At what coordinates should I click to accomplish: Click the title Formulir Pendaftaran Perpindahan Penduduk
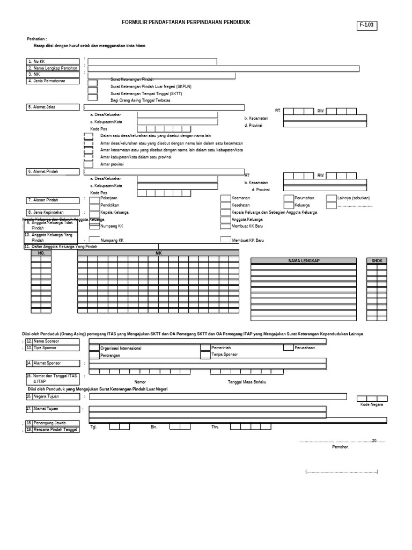[186, 22]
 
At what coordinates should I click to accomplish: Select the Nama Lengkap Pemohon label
[53, 68]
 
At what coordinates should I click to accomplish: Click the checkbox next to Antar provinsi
[89, 164]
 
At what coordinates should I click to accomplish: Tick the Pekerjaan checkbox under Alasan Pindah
[94, 199]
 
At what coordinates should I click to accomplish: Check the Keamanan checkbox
[225, 198]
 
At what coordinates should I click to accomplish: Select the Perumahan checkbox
[289, 198]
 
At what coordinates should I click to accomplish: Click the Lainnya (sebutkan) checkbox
[331, 198]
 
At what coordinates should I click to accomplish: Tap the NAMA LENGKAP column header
[304, 260]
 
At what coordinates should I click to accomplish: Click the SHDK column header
[377, 260]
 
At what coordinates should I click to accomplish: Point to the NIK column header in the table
[158, 252]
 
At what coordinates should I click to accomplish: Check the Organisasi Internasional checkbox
[94, 348]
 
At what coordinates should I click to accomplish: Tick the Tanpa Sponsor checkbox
[205, 355]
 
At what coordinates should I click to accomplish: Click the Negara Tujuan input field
[217, 397]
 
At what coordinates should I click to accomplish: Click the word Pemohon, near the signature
[341, 447]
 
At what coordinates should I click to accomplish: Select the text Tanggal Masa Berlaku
[247, 382]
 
